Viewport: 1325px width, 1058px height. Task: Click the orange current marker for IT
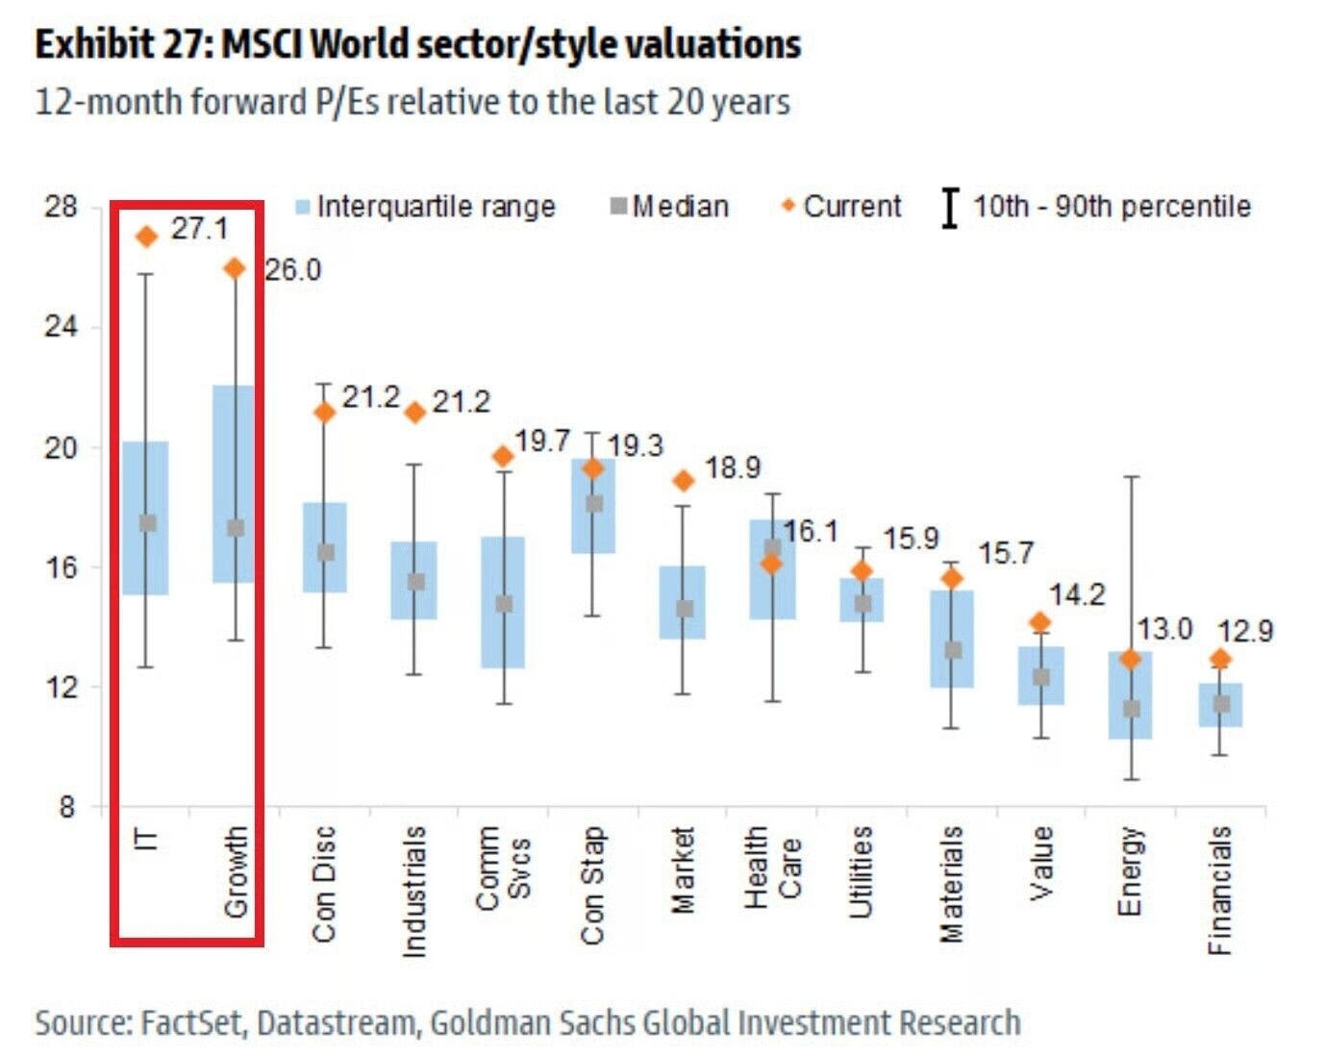tap(147, 237)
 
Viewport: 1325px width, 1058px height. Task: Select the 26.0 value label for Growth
tap(292, 270)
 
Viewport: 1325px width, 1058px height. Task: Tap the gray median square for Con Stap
tap(594, 503)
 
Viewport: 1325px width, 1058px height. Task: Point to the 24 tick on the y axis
tap(60, 327)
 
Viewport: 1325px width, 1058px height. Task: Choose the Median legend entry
tap(670, 206)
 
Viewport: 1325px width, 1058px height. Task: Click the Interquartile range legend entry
tap(426, 206)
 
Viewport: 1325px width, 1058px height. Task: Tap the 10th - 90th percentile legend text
tap(1111, 206)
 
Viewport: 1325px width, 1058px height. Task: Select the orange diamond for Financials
tap(1220, 659)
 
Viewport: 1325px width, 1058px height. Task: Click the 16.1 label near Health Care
tap(810, 531)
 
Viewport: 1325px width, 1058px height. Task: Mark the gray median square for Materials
tap(952, 650)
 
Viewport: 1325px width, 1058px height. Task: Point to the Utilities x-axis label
tap(861, 870)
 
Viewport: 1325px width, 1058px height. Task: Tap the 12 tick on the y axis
tap(60, 687)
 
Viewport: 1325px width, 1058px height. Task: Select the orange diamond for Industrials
tap(415, 413)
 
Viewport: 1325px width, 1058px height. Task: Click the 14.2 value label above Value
tap(1076, 595)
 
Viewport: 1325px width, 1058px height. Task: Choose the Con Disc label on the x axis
tap(324, 883)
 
